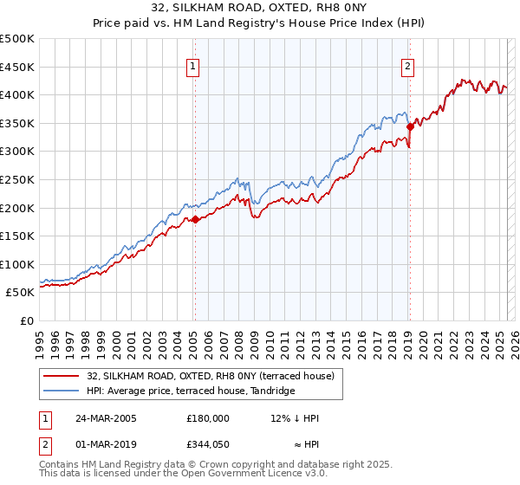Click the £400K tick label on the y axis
coord(16,94)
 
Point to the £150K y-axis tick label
coord(16,236)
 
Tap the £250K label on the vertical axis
coord(16,179)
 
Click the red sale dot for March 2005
coord(195,219)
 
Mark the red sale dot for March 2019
coord(410,126)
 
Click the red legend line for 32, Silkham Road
coord(62,375)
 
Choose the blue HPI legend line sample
coord(62,391)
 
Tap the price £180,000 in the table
coord(208,418)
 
